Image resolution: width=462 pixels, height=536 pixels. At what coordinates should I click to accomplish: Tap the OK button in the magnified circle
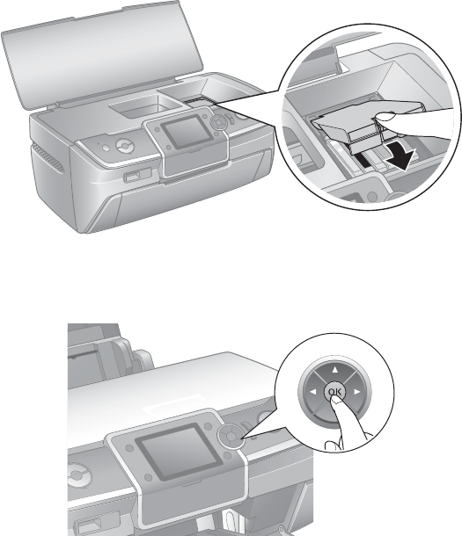(334, 391)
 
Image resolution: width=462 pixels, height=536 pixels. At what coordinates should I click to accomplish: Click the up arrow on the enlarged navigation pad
(335, 369)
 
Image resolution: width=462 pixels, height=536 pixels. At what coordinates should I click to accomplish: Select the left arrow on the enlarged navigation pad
(312, 392)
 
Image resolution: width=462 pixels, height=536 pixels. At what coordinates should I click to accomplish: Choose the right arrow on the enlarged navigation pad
(357, 392)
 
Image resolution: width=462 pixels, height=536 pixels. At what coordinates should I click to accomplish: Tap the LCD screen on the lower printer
(176, 452)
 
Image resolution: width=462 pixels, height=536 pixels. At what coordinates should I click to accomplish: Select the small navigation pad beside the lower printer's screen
(231, 437)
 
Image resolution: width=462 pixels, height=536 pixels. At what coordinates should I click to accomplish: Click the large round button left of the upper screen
(125, 146)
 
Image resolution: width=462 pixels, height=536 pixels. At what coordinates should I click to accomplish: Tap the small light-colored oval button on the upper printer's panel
(106, 148)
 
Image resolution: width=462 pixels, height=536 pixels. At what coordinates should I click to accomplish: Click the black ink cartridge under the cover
(363, 160)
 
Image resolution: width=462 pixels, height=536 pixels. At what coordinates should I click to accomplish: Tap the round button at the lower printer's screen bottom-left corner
(148, 477)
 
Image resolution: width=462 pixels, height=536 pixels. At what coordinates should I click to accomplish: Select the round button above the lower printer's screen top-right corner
(208, 425)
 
